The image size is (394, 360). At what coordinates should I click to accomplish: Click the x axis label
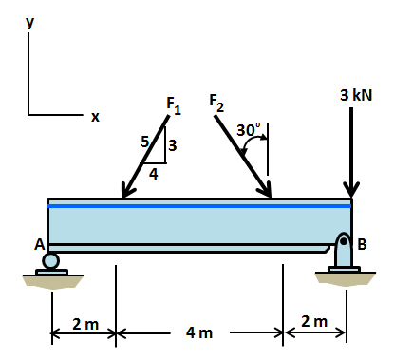94,117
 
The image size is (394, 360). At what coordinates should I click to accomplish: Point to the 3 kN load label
355,96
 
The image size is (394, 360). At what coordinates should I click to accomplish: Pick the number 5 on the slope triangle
145,142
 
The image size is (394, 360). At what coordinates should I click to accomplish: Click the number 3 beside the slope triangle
173,145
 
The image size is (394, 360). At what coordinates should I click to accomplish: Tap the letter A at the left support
40,244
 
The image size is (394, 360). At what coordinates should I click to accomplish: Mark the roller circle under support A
50,260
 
